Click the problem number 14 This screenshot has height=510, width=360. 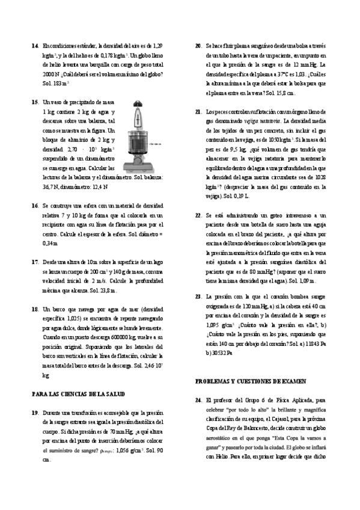point(34,46)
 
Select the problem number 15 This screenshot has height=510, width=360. point(34,103)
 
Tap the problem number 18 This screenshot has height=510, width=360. point(34,309)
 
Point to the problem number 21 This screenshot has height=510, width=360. point(198,112)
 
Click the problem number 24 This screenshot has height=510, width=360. point(198,399)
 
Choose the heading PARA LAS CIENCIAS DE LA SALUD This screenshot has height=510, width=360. point(78,393)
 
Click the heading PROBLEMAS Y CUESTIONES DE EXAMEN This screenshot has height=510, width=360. point(250,381)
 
